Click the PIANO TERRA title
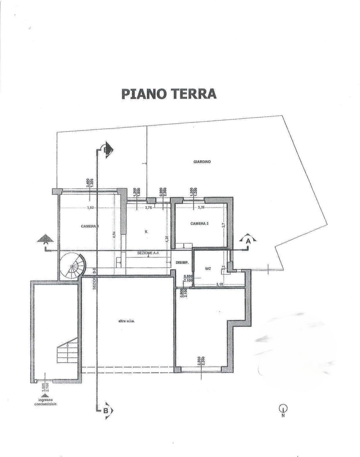pos(169,94)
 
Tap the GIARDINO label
pos(202,162)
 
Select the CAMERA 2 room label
pos(199,224)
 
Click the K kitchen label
pos(146,231)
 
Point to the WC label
pos(208,269)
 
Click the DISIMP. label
pos(182,263)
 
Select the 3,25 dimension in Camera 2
pos(201,208)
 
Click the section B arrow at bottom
pos(106,411)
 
